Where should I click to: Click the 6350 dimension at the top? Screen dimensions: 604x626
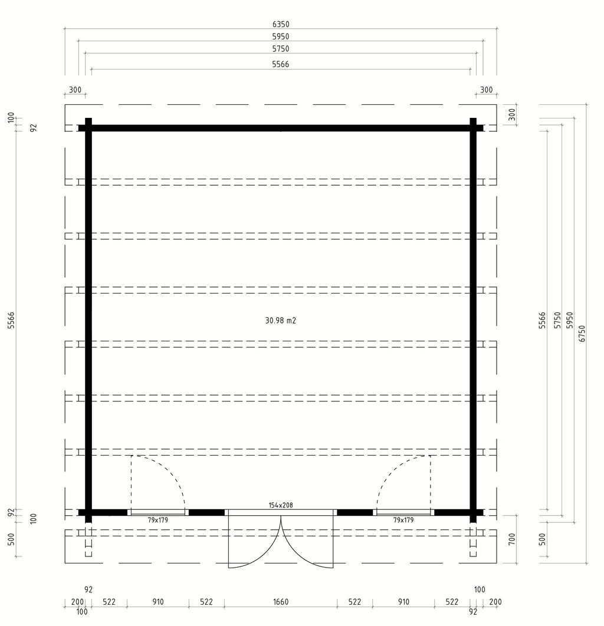(280, 24)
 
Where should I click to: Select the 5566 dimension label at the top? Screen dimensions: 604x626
(280, 64)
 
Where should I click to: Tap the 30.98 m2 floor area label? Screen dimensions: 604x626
(280, 320)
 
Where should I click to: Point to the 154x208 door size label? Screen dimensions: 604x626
(280, 505)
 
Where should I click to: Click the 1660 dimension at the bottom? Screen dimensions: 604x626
(280, 602)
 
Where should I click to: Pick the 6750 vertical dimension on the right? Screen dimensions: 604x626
(582, 334)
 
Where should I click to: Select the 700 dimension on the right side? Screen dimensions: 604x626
(512, 539)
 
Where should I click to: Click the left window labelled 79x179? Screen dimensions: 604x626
(158, 512)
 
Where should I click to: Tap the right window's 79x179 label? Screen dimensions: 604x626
(403, 520)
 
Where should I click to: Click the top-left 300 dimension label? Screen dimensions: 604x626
(75, 90)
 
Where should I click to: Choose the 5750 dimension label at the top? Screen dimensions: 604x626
(280, 49)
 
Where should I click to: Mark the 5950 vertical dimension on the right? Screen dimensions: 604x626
(570, 320)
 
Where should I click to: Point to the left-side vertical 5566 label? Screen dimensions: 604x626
(11, 320)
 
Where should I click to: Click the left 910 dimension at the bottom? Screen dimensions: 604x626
(158, 602)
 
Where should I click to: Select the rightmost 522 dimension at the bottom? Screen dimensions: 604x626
(452, 602)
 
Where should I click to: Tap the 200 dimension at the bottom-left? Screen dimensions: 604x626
(77, 602)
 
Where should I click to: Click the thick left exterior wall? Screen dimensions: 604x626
(88, 320)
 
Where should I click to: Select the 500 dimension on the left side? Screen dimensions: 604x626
(11, 539)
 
